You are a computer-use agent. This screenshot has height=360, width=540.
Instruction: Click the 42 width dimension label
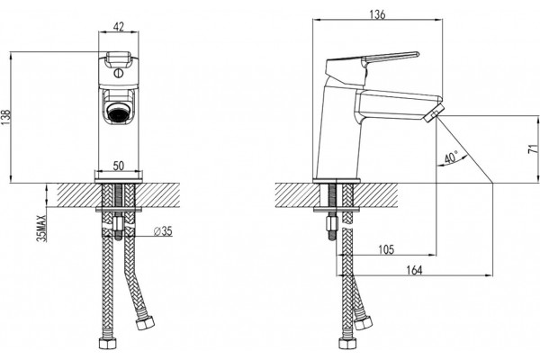click(119, 26)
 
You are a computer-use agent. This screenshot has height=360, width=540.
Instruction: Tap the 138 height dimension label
click(7, 118)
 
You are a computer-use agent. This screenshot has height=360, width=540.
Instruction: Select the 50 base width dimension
click(119, 166)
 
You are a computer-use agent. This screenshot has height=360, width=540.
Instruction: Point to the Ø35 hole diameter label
click(163, 231)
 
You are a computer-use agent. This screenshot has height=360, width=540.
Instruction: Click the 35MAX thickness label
click(41, 228)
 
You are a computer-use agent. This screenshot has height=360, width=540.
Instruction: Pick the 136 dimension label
click(377, 14)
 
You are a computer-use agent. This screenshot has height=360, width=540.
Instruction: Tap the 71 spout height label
click(534, 148)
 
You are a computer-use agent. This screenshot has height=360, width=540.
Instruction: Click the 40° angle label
click(451, 157)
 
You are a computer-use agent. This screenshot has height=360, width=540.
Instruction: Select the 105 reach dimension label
click(386, 249)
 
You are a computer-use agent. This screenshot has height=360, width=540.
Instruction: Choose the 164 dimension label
click(414, 270)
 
